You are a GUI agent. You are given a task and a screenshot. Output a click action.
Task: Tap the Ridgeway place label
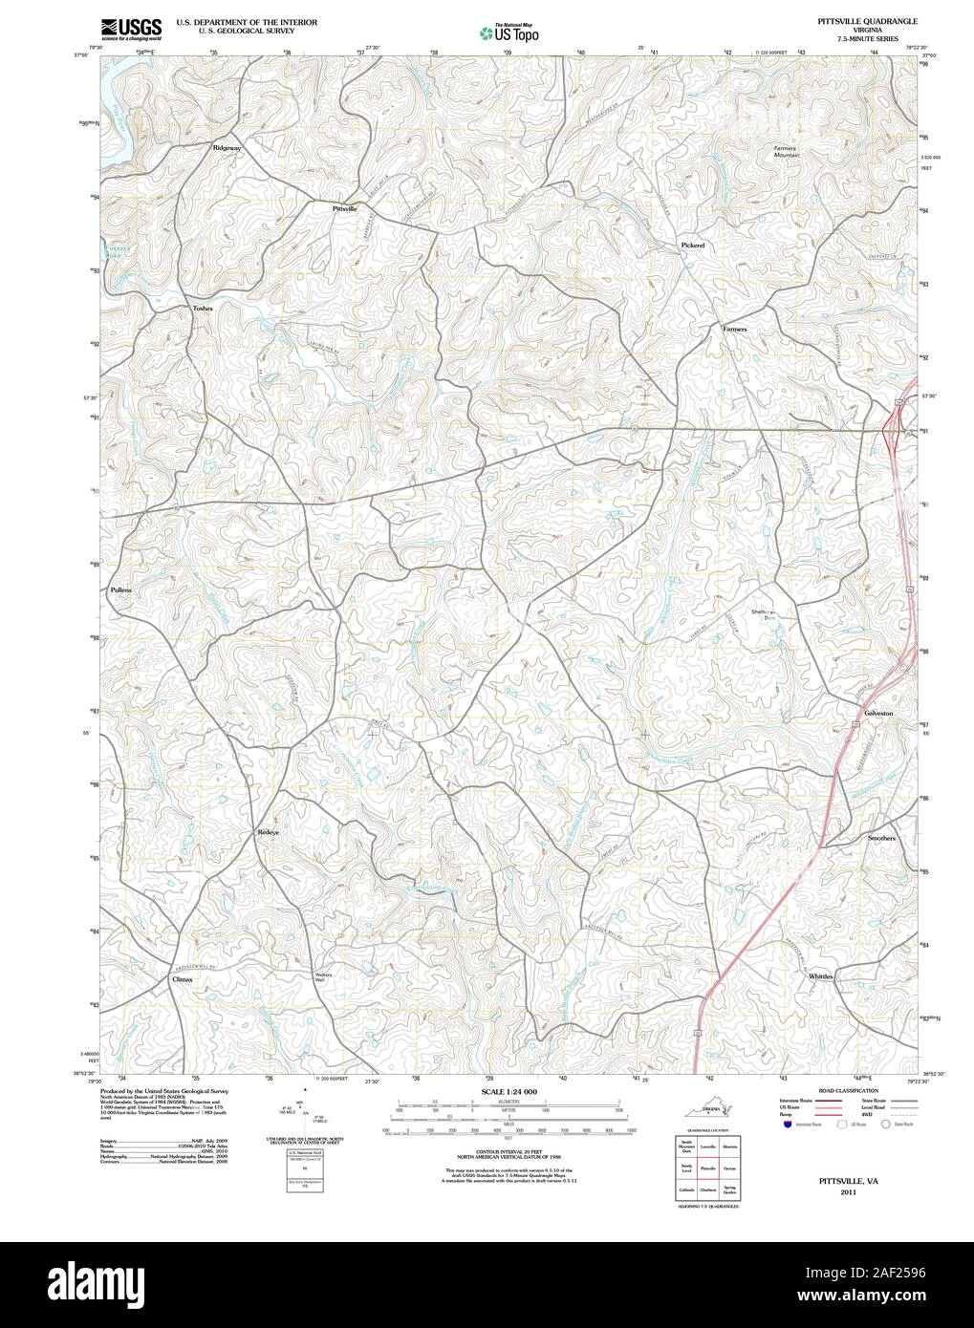227,148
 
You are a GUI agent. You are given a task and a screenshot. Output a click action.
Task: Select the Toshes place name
202,309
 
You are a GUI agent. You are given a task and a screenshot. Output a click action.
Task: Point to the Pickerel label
692,246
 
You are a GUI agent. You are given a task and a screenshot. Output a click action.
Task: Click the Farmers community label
734,328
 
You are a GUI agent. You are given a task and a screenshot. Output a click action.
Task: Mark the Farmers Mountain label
786,152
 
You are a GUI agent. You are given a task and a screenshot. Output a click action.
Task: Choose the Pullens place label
120,590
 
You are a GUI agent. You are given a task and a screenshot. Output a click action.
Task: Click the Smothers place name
881,838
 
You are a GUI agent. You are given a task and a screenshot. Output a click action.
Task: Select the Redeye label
268,832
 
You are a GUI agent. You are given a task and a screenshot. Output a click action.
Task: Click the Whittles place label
820,976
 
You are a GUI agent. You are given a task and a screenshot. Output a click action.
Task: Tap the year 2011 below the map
848,1192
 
